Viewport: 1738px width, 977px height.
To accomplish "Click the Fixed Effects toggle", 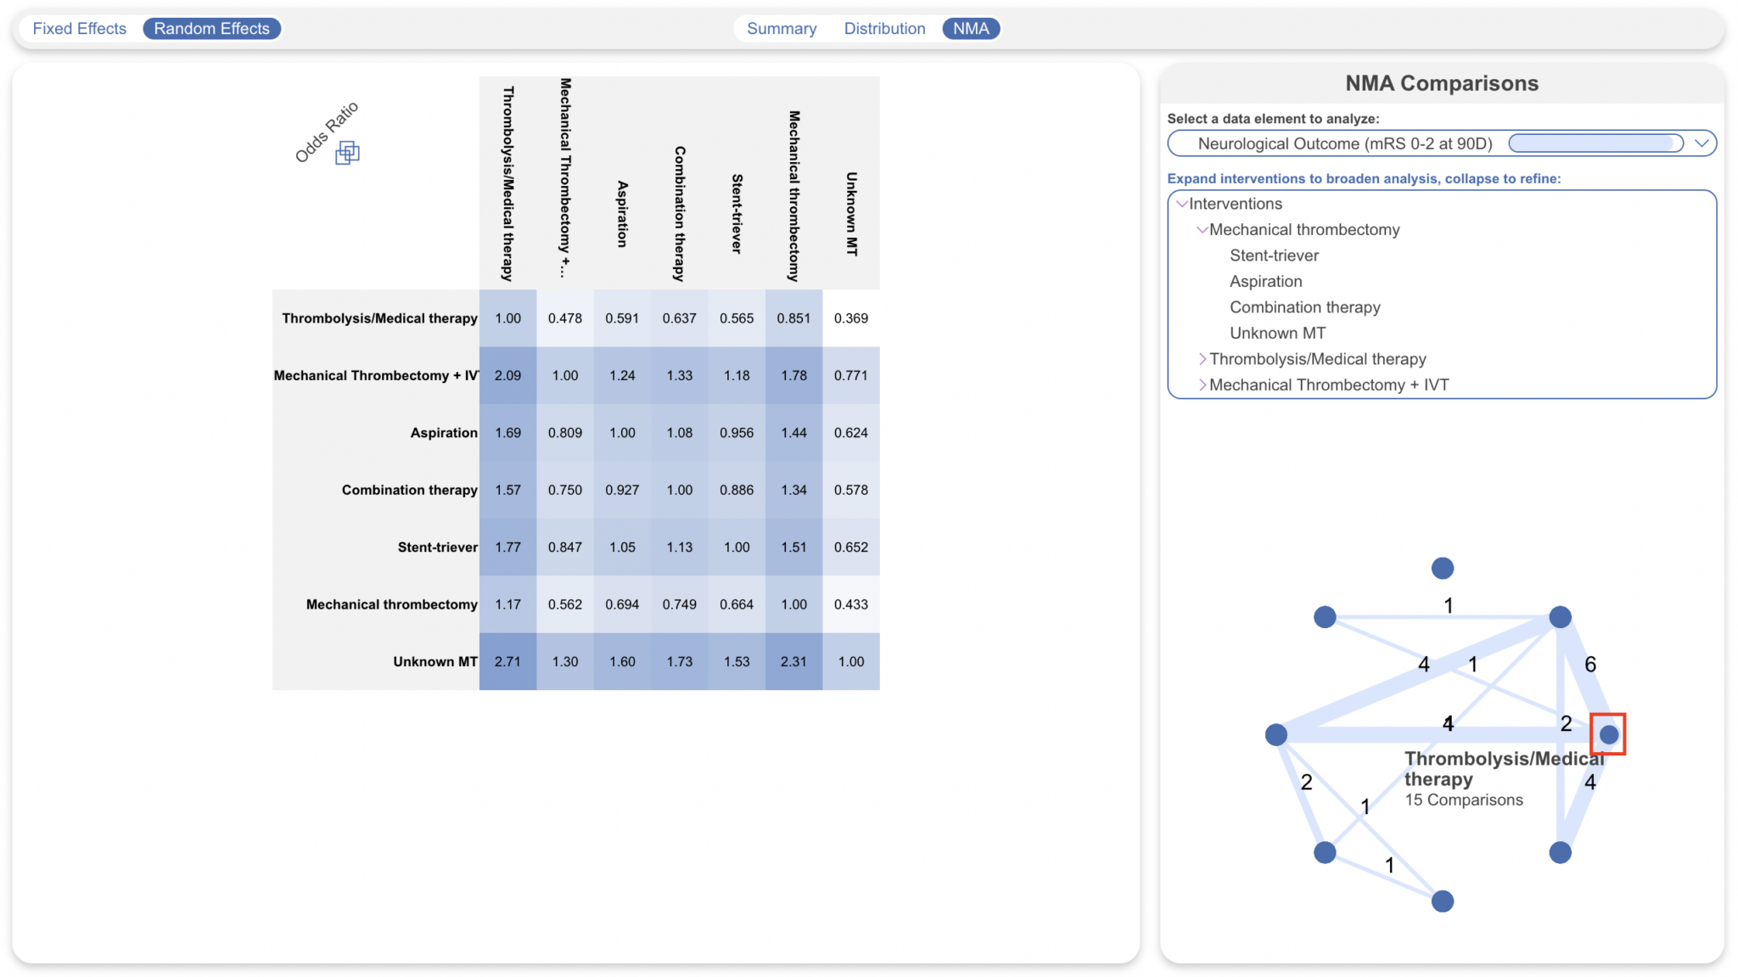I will pos(79,29).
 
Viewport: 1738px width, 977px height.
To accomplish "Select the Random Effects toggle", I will pos(211,29).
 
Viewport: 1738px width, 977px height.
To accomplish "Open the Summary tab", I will pos(781,29).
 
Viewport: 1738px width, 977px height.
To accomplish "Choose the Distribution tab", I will pos(884,29).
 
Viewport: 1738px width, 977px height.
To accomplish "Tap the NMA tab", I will pos(971,29).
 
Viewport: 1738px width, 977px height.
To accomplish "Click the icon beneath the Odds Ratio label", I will pos(347,153).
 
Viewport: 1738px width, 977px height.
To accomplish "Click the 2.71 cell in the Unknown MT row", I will pos(507,661).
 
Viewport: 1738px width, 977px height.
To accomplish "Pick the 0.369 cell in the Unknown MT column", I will pos(850,318).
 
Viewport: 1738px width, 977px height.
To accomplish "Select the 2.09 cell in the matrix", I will pos(507,375).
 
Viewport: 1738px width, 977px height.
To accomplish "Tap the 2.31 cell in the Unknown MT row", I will pos(793,661).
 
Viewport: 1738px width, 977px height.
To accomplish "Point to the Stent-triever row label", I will pos(437,547).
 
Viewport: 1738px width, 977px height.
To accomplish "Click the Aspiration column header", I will pos(622,214).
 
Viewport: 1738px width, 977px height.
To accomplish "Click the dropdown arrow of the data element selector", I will pos(1701,143).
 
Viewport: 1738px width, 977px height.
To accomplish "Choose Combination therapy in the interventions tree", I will pos(1304,307).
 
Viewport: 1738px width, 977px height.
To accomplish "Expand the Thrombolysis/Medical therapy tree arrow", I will pos(1202,359).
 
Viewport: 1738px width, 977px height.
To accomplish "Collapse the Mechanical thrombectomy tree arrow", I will pos(1202,230).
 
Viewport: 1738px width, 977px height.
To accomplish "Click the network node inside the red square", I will pos(1608,734).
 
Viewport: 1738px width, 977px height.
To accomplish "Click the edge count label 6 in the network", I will pos(1589,665).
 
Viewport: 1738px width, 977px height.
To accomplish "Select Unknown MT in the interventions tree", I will pos(1277,334).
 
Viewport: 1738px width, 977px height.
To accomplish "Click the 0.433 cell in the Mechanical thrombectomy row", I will pos(850,604).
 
